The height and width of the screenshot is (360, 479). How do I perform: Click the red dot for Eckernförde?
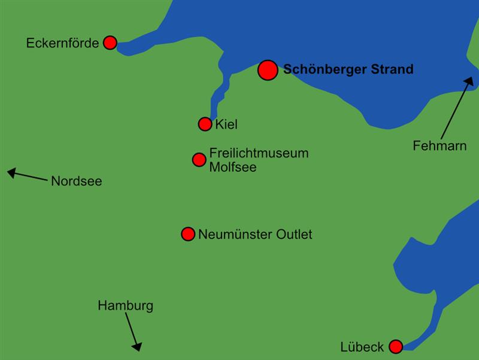(x=110, y=43)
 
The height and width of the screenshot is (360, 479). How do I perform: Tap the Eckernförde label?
(x=62, y=43)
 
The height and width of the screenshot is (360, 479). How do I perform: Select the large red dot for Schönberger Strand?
(x=268, y=70)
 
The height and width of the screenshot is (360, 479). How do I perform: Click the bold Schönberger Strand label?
(x=348, y=69)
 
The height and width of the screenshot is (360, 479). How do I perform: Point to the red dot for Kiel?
(x=205, y=124)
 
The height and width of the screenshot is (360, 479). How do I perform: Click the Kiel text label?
(x=226, y=125)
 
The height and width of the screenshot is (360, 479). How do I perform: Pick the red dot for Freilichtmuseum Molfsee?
(x=199, y=159)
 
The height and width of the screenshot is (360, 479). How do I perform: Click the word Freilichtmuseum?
(x=259, y=153)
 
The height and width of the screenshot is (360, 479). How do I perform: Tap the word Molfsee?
(x=232, y=167)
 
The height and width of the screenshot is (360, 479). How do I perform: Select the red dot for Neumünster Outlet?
(x=188, y=234)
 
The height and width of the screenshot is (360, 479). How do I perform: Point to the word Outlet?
(x=293, y=234)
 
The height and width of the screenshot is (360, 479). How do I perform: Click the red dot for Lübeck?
(x=396, y=346)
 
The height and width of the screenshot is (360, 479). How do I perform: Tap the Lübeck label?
(x=362, y=347)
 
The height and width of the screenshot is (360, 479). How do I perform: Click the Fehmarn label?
(x=439, y=146)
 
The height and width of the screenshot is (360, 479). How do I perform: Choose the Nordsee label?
(x=76, y=181)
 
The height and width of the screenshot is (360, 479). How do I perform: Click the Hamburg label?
(x=125, y=305)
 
